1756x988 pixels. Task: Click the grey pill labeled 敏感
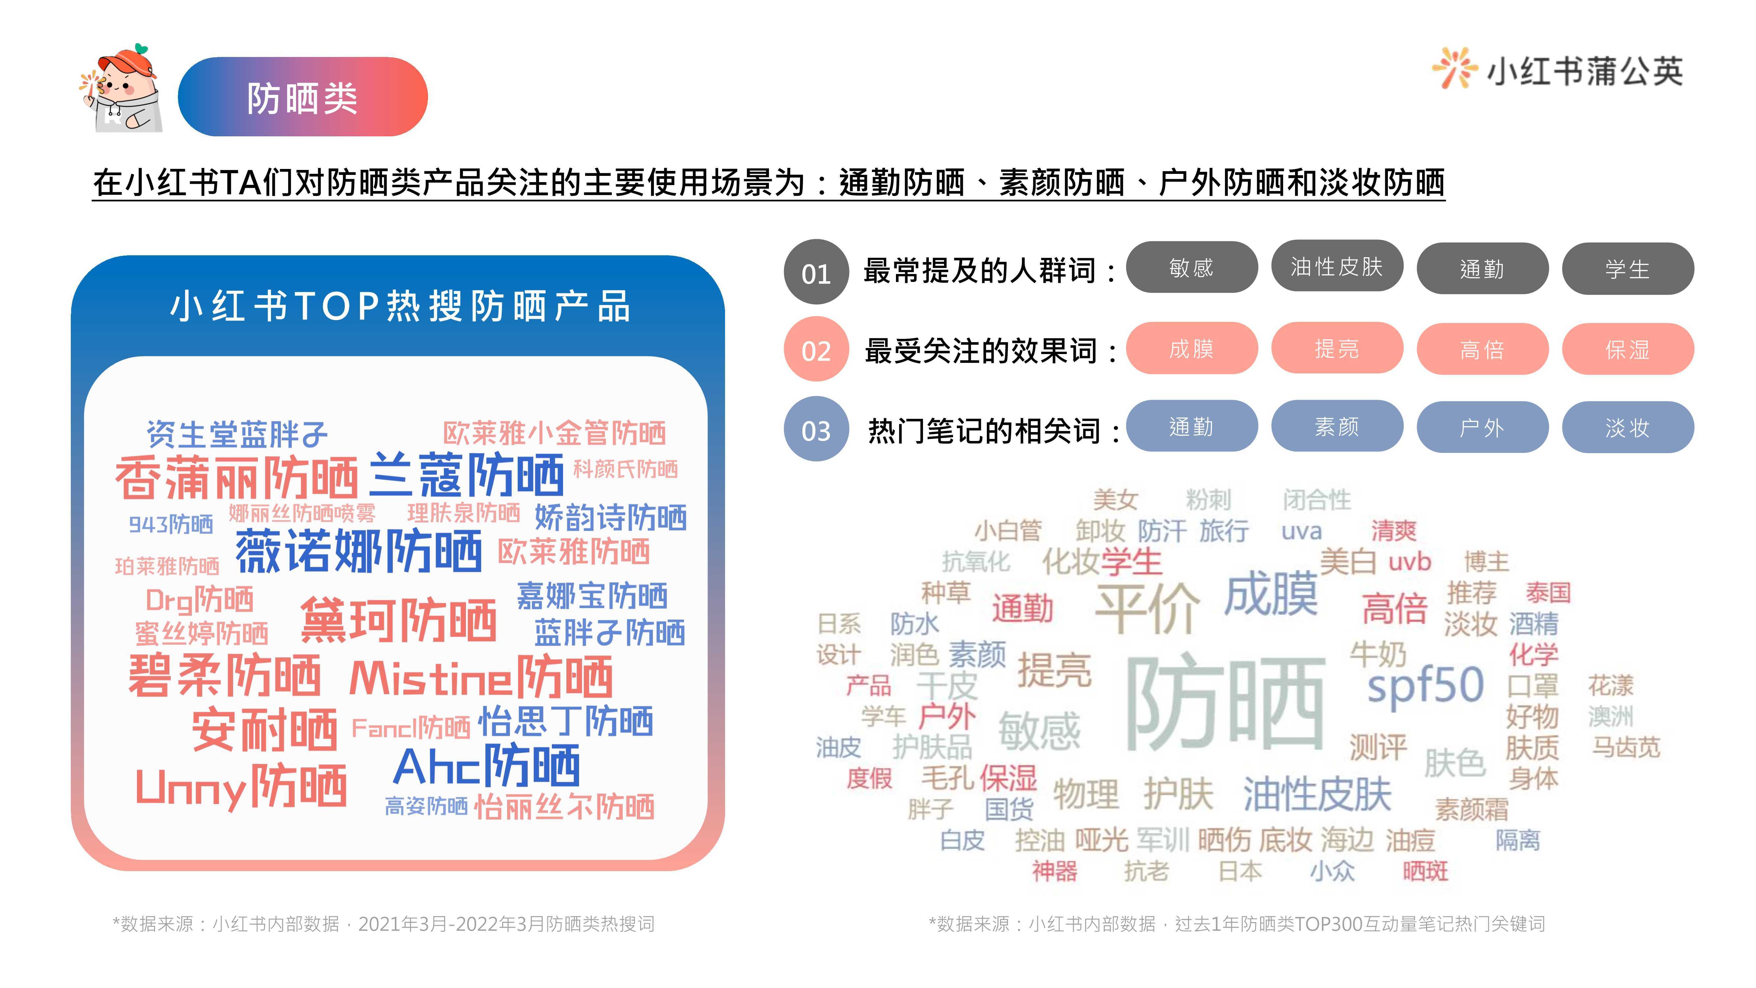1192,267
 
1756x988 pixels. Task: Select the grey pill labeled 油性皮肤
1337,266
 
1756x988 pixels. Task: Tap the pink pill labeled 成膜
1192,348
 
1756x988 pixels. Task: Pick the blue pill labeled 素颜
1337,426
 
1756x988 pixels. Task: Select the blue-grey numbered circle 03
816,429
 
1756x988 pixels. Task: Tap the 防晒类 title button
303,97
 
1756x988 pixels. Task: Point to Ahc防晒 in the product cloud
487,766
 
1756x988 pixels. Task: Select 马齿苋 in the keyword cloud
1626,747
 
